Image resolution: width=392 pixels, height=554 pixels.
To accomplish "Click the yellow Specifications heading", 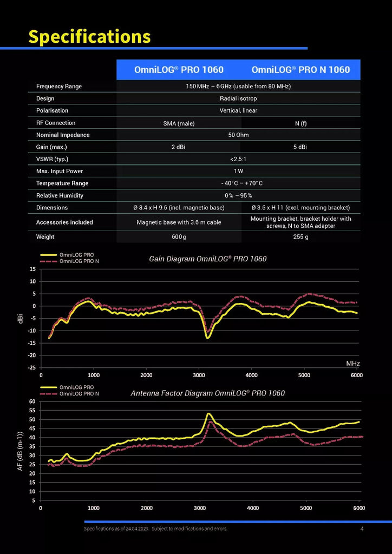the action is (89, 37).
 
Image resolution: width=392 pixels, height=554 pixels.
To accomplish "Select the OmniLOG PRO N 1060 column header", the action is (300, 70).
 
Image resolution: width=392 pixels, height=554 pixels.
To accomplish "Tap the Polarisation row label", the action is (53, 110).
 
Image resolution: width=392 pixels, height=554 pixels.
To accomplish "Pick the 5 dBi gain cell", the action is (300, 147).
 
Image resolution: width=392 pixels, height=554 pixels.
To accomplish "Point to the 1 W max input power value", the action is (238, 172).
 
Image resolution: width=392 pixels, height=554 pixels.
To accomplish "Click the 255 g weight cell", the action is (300, 237).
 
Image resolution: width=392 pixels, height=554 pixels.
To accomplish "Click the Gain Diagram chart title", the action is (208, 259).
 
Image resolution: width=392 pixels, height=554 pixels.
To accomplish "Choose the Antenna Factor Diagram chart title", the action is (207, 393).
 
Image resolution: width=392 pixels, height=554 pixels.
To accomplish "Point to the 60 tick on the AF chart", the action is (32, 401).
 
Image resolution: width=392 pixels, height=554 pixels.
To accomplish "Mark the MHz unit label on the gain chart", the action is (353, 363).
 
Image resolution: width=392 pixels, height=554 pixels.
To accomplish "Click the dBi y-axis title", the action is (21, 318).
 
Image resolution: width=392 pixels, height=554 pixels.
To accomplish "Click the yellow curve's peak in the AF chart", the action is (208, 413).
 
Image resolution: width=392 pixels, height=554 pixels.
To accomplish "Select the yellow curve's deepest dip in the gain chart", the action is (207, 338).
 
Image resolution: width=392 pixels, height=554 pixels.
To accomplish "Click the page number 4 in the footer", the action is (362, 529).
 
